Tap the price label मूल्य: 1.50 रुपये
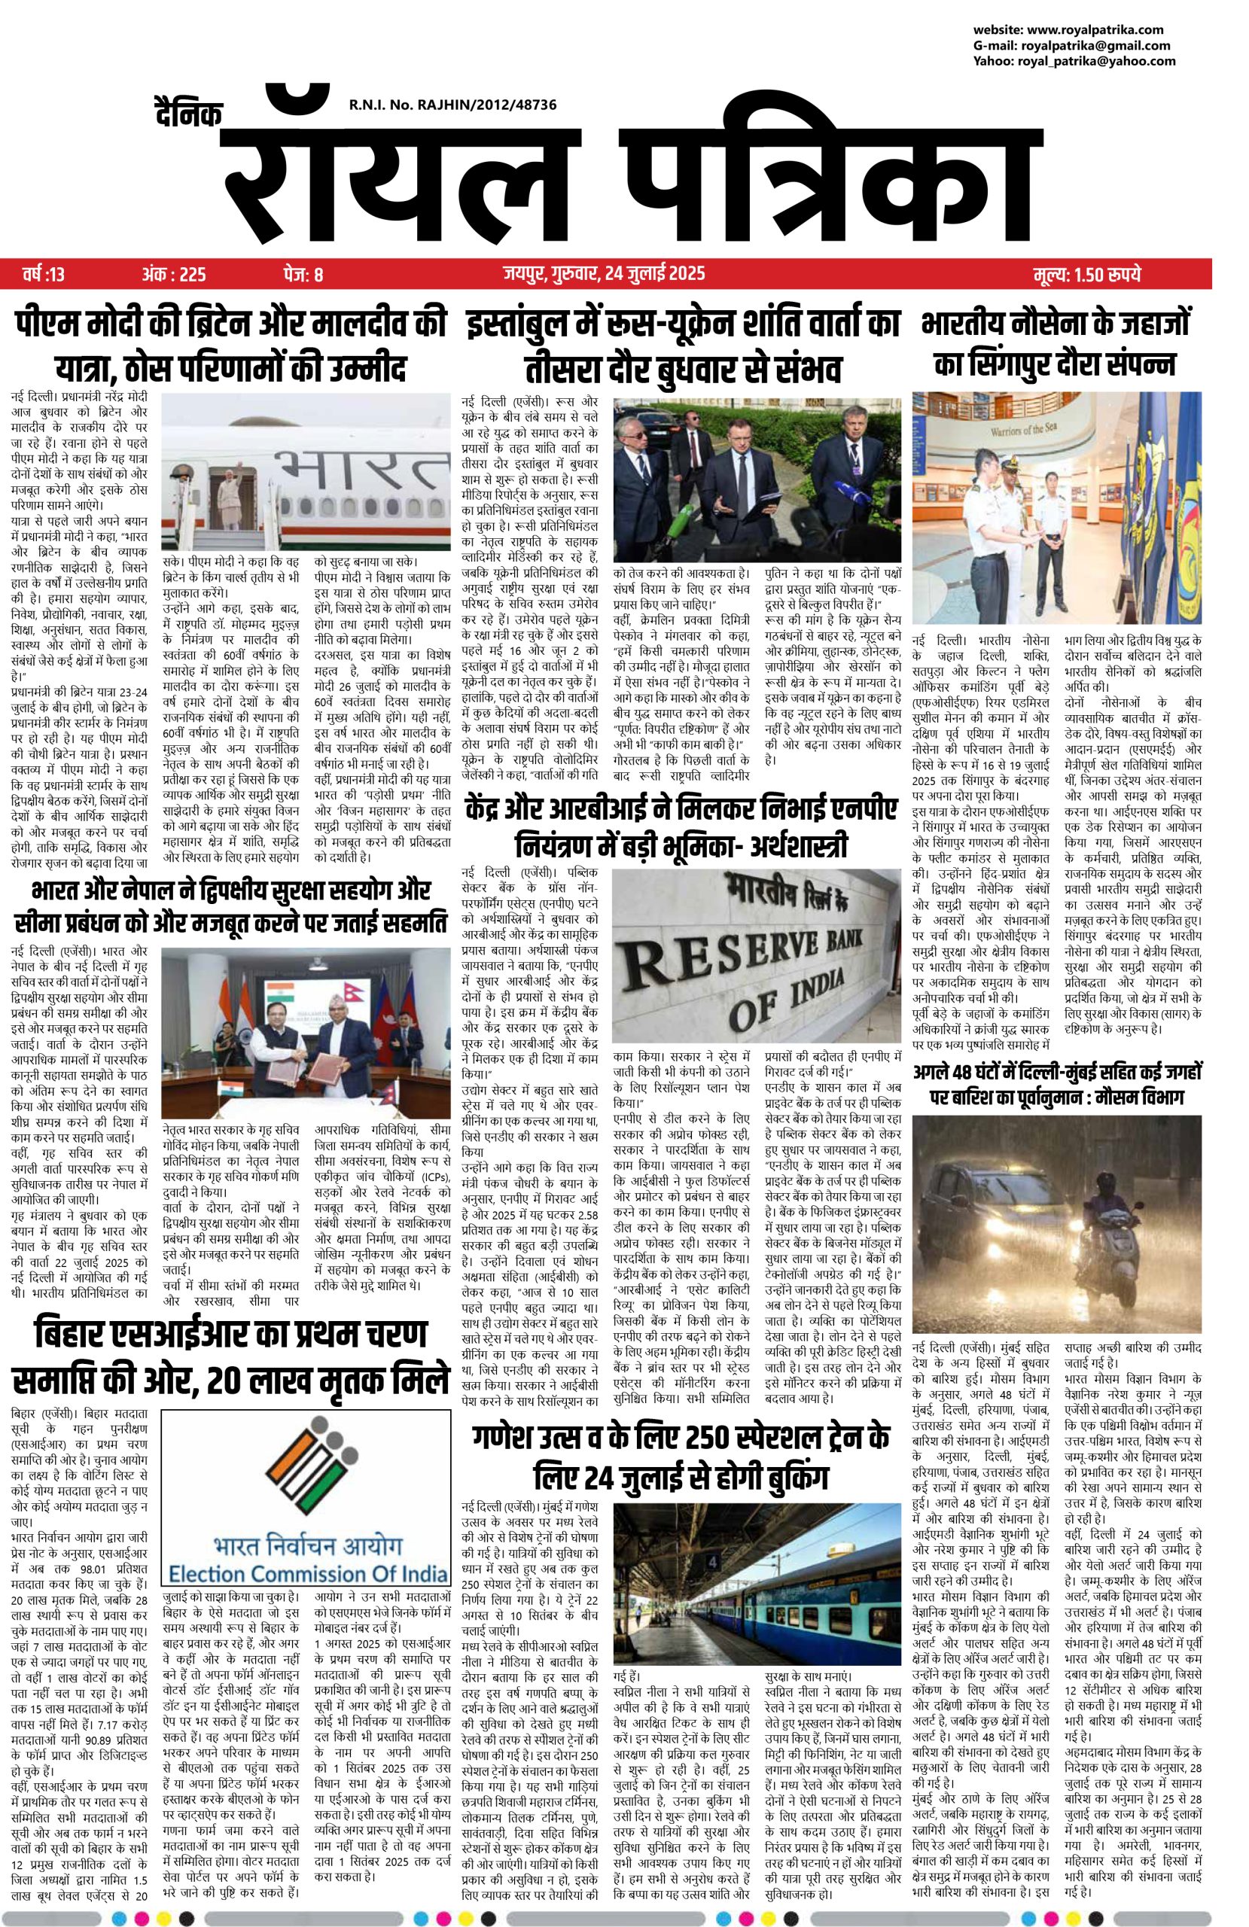1086,275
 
